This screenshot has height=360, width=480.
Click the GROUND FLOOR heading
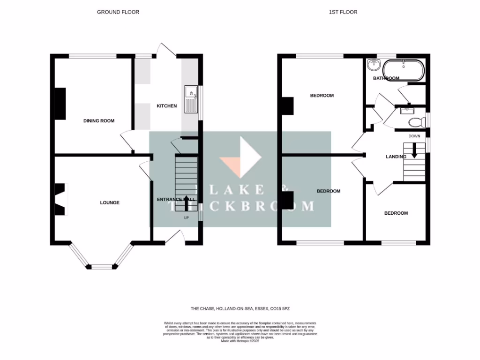coord(118,12)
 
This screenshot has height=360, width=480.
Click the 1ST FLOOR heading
coord(343,12)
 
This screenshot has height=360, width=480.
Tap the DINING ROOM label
coord(99,121)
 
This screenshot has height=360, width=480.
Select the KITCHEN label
coord(166,106)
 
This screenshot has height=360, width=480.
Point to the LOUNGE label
coord(110,202)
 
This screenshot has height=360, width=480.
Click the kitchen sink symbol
coord(191,99)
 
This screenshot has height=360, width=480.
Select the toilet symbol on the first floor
coord(415,122)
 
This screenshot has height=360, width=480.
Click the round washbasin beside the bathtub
coord(374,64)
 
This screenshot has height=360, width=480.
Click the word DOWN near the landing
coord(414,136)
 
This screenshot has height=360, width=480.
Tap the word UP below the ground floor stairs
coord(186,217)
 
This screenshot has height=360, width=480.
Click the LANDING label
coord(396,157)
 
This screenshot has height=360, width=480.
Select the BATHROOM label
coord(386,78)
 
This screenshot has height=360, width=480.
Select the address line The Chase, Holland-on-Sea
coord(243,309)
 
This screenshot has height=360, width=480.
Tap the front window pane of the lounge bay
coord(102,267)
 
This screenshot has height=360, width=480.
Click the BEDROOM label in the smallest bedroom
coord(396,213)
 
